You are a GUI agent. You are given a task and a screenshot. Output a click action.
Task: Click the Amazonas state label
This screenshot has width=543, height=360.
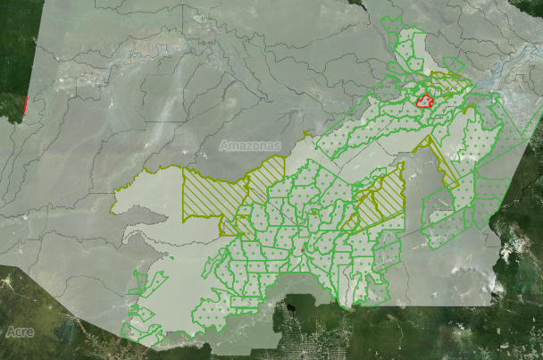[249, 146]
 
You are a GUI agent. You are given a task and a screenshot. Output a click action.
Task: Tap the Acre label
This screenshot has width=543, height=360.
[20, 331]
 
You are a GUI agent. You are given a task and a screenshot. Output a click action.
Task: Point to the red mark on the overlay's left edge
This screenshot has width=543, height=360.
[28, 106]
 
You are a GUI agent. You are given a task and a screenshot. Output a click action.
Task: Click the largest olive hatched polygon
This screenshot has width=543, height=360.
[213, 194]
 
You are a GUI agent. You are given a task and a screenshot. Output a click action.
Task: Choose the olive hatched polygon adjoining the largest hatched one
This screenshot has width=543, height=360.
[266, 179]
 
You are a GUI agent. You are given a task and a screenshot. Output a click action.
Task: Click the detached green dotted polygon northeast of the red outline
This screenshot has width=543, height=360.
[454, 64]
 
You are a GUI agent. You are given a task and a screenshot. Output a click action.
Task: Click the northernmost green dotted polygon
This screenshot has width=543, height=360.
[393, 25]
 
